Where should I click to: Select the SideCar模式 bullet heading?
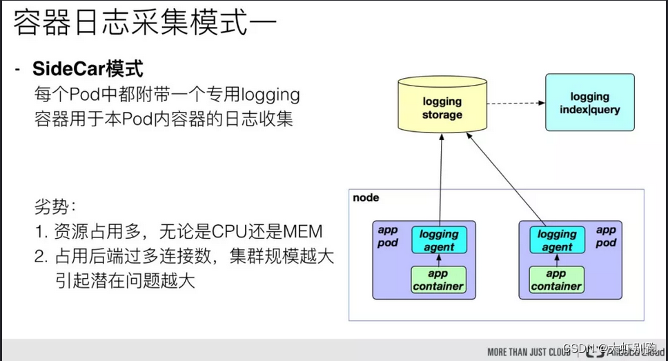pyautogui.click(x=88, y=69)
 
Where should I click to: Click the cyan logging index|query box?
pyautogui.click(x=589, y=104)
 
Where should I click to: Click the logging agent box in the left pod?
pyautogui.click(x=439, y=240)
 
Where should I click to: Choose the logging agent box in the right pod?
pyautogui.click(x=557, y=240)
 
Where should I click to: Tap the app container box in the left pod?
pyautogui.click(x=438, y=280)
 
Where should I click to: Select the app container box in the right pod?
pyautogui.click(x=556, y=280)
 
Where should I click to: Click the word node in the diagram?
pyautogui.click(x=366, y=197)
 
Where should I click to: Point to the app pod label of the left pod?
pyautogui.click(x=388, y=236)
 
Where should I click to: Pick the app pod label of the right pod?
pyautogui.click(x=605, y=236)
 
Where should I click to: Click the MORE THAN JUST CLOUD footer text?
pyautogui.click(x=529, y=351)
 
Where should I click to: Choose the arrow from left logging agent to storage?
pyautogui.click(x=440, y=179)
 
